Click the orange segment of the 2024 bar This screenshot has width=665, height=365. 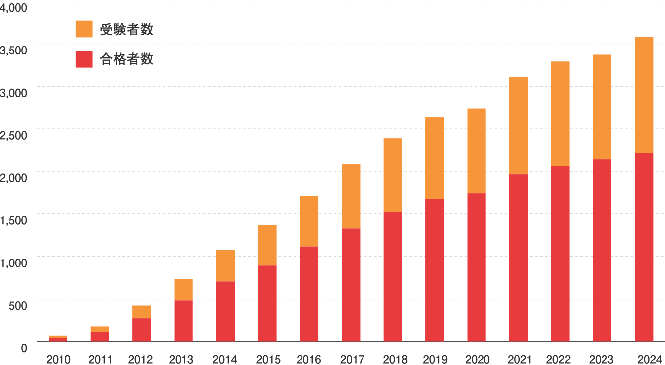click(644, 95)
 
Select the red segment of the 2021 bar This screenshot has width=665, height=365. click(518, 258)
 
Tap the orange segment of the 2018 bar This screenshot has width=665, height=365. click(393, 175)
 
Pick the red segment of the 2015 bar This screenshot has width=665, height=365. click(267, 303)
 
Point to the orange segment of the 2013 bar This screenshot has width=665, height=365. click(183, 289)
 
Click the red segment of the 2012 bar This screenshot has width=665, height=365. click(142, 330)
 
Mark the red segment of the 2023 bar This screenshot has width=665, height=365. click(602, 250)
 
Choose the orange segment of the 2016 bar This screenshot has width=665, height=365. click(309, 221)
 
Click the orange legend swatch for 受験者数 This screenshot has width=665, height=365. click(84, 29)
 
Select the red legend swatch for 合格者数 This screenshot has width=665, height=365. click(84, 59)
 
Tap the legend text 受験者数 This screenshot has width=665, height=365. click(126, 30)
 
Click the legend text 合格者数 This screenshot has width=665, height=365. click(126, 59)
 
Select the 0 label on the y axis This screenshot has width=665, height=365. click(23, 348)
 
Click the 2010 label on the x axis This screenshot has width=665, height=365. click(59, 359)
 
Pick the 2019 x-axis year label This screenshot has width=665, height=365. click(435, 359)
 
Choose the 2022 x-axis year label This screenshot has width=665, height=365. click(559, 359)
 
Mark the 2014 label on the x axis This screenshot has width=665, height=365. click(225, 359)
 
